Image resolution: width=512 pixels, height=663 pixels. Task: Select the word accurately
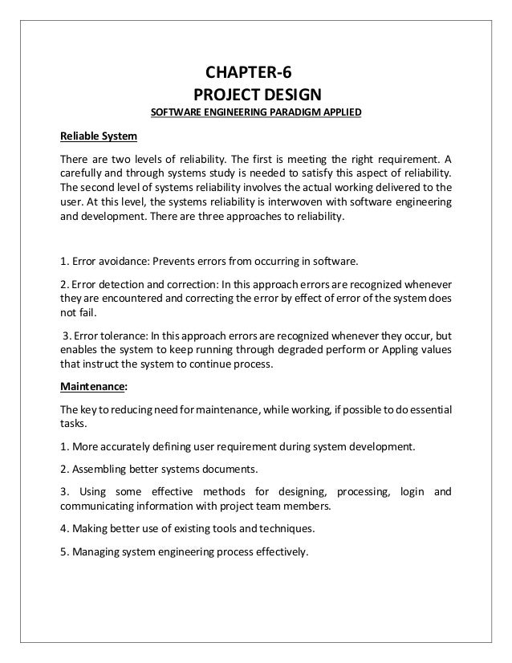click(131, 444)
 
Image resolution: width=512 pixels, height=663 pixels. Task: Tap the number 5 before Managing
click(63, 551)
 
